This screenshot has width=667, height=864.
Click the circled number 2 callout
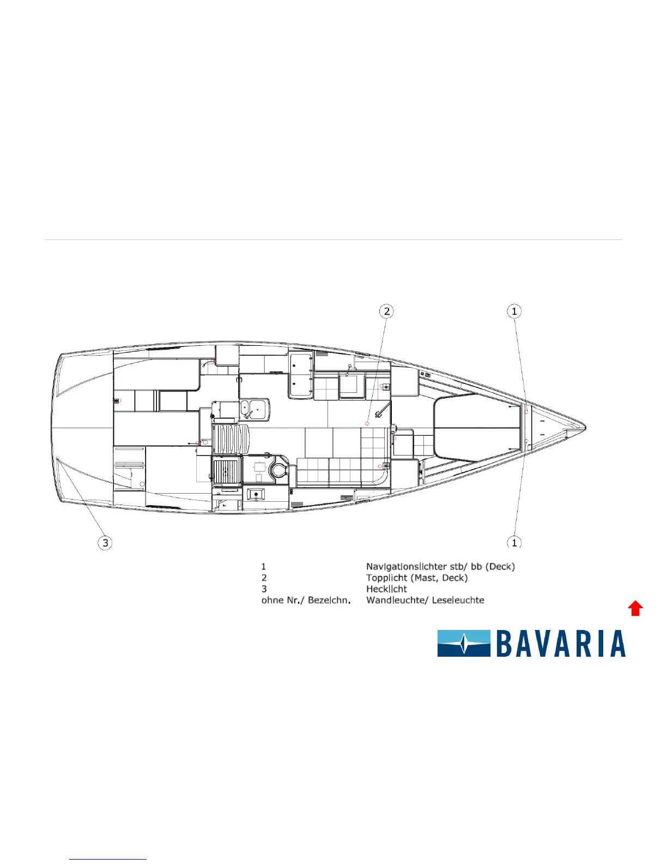click(x=386, y=311)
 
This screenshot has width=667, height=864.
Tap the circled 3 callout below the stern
click(x=105, y=543)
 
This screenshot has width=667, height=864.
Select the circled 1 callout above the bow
click(x=514, y=311)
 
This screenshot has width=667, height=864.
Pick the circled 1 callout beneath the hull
click(x=514, y=542)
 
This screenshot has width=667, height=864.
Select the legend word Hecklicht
click(x=386, y=589)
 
